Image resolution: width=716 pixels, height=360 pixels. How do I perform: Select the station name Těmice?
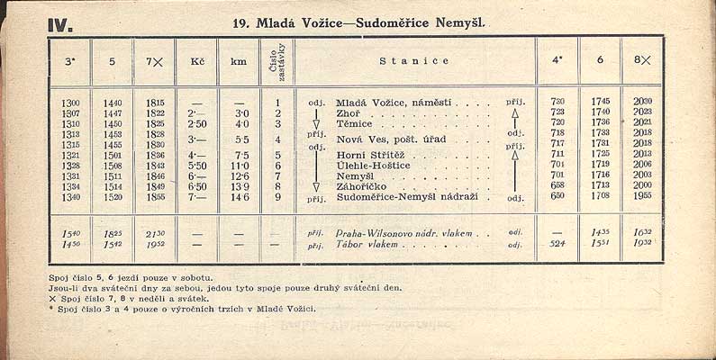click(354, 123)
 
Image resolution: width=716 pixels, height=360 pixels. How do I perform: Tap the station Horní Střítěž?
click(371, 155)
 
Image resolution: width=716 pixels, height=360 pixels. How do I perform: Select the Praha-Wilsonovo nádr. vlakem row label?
click(404, 232)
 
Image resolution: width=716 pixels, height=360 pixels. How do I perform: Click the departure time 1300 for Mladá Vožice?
click(71, 103)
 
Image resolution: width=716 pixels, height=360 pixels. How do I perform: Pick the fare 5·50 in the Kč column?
click(197, 166)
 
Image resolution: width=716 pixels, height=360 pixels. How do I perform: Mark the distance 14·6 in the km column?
click(239, 197)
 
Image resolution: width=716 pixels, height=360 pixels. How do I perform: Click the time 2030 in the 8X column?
click(642, 102)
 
